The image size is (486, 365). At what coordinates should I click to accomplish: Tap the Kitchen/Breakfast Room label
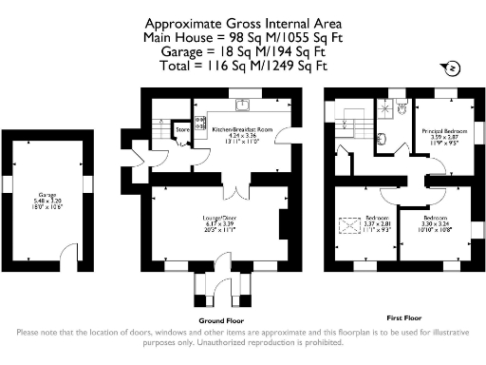242,127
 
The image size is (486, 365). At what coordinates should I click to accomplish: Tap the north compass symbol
452,67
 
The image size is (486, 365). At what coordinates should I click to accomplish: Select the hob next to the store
201,122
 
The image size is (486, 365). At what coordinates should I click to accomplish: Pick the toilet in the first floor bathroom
404,110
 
